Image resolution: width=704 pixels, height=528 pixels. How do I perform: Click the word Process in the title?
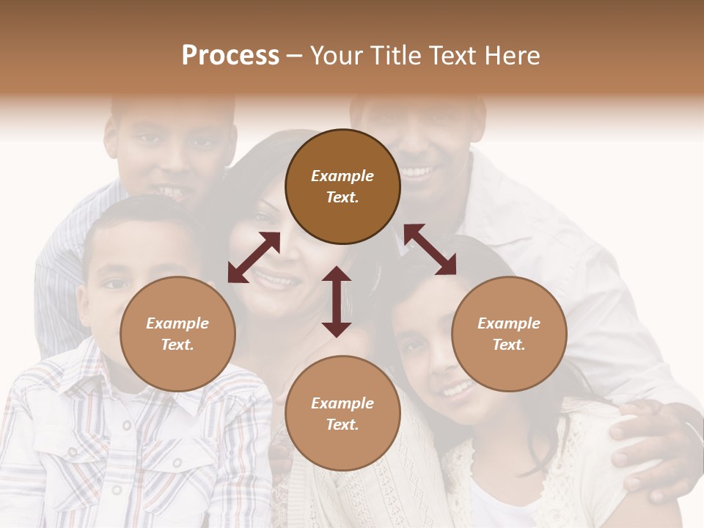(x=230, y=56)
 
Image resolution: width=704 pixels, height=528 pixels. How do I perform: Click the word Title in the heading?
(x=399, y=56)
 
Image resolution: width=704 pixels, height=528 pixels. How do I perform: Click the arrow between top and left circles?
(x=254, y=257)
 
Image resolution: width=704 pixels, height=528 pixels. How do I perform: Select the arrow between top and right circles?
(x=430, y=249)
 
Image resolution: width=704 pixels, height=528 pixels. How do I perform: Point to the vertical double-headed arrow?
(x=337, y=301)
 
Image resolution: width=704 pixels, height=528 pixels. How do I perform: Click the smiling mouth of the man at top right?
(x=416, y=174)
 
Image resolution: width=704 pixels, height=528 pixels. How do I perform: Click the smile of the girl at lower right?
(x=456, y=389)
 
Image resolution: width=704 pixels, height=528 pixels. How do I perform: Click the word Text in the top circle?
(x=342, y=197)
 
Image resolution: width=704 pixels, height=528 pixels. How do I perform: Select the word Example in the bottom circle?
(x=342, y=403)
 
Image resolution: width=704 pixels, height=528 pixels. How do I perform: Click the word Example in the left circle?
(x=177, y=323)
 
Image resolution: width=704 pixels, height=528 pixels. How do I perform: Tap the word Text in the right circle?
(x=509, y=345)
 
